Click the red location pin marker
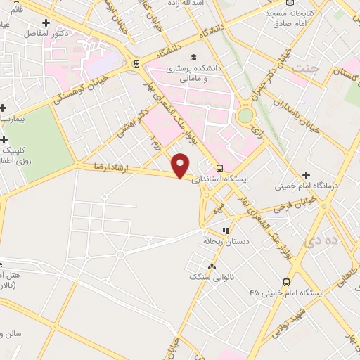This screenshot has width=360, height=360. click(181, 165)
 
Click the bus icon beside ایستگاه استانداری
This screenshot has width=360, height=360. click(220, 169)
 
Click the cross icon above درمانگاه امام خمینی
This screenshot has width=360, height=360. click(305, 174)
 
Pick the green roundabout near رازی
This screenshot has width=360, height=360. click(245, 115)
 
